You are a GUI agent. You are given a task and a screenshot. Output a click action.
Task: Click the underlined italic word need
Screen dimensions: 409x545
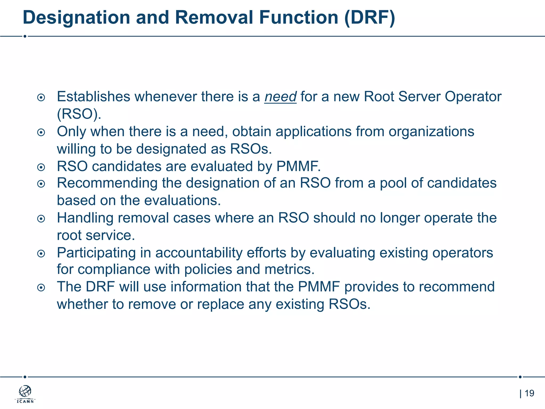[280, 97]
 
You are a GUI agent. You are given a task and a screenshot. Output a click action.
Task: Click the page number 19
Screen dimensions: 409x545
[529, 393]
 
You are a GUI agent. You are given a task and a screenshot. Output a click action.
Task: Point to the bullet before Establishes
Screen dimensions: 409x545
[41, 98]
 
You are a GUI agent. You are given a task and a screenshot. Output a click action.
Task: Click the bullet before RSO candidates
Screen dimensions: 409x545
[41, 167]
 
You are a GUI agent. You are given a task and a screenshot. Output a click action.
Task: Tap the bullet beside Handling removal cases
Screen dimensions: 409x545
[41, 219]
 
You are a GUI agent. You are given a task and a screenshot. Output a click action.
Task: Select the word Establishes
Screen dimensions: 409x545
[93, 97]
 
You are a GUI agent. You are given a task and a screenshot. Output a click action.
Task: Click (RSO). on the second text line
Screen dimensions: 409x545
[79, 114]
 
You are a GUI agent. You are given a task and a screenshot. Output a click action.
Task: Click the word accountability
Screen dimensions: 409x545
[199, 253]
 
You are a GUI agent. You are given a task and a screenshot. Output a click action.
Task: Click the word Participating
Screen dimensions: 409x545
[96, 253]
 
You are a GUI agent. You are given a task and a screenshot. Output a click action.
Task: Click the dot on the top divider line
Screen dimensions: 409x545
[25, 36]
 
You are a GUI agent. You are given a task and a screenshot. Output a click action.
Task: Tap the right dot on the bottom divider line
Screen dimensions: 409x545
[520, 377]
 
